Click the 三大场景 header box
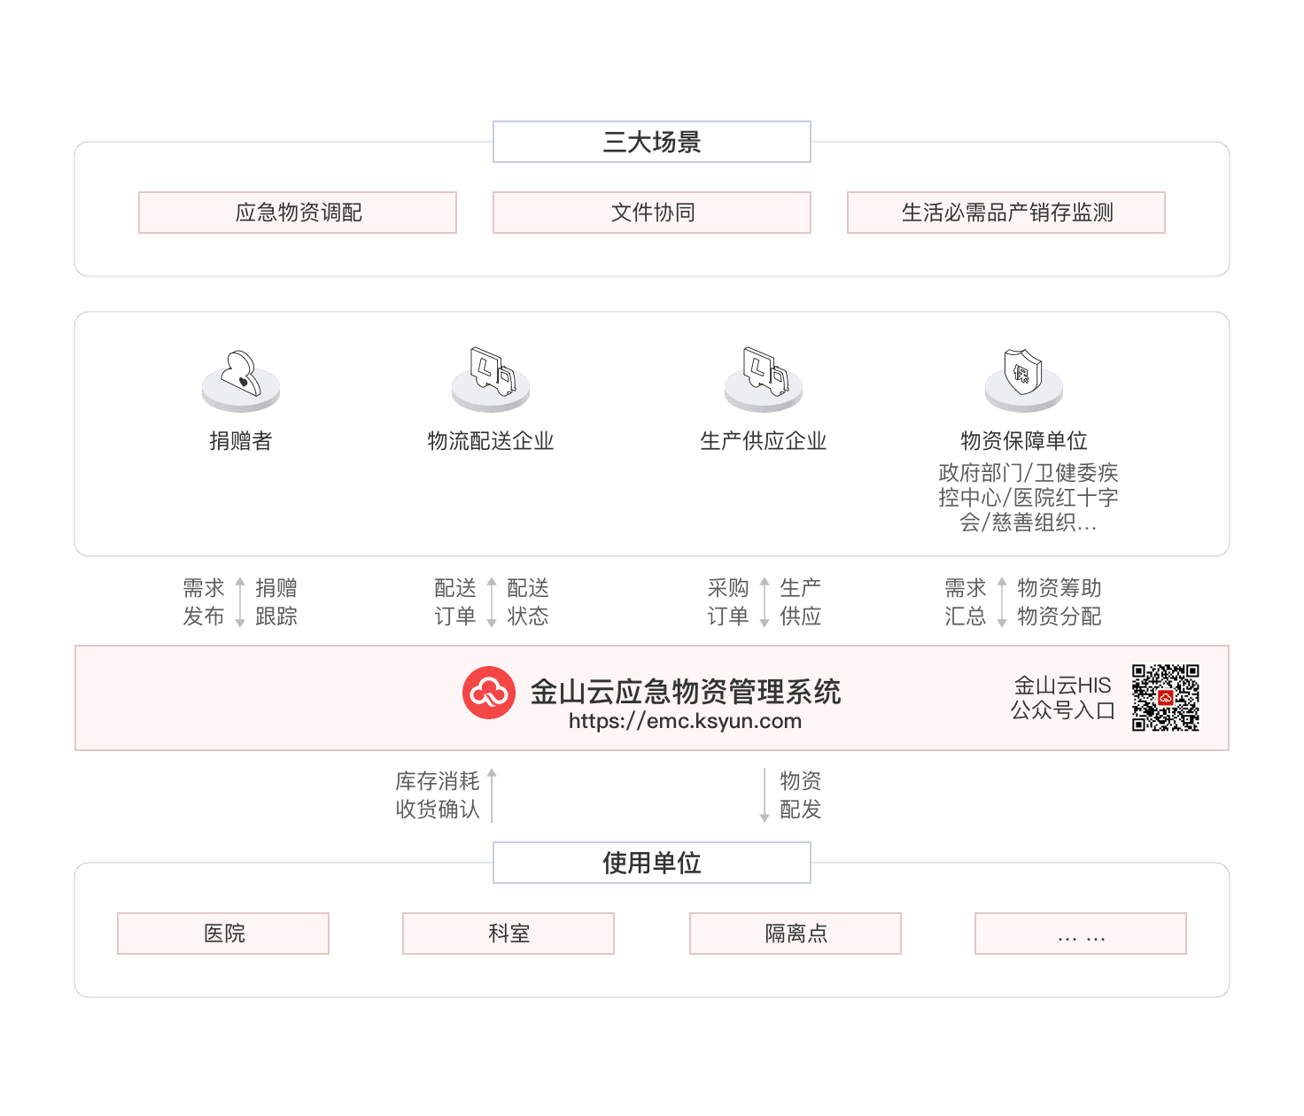tap(651, 142)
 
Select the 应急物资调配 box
tap(298, 213)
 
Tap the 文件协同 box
tap(651, 213)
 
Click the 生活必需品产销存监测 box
tap(1005, 213)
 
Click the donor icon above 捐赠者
tap(241, 378)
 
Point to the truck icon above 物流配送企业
tap(491, 376)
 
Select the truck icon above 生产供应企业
tap(764, 376)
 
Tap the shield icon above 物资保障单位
tap(1023, 376)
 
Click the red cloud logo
tap(489, 693)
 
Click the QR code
tap(1165, 697)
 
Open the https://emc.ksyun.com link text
tap(685, 721)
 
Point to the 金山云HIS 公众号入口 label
tap(1062, 698)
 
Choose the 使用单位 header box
tap(651, 863)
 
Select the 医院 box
tap(223, 934)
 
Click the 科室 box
tap(508, 934)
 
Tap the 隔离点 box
tap(796, 934)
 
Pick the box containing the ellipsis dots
tap(1081, 934)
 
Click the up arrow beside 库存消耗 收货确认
tap(492, 794)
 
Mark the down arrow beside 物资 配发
tap(765, 794)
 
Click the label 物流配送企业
tap(491, 441)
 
